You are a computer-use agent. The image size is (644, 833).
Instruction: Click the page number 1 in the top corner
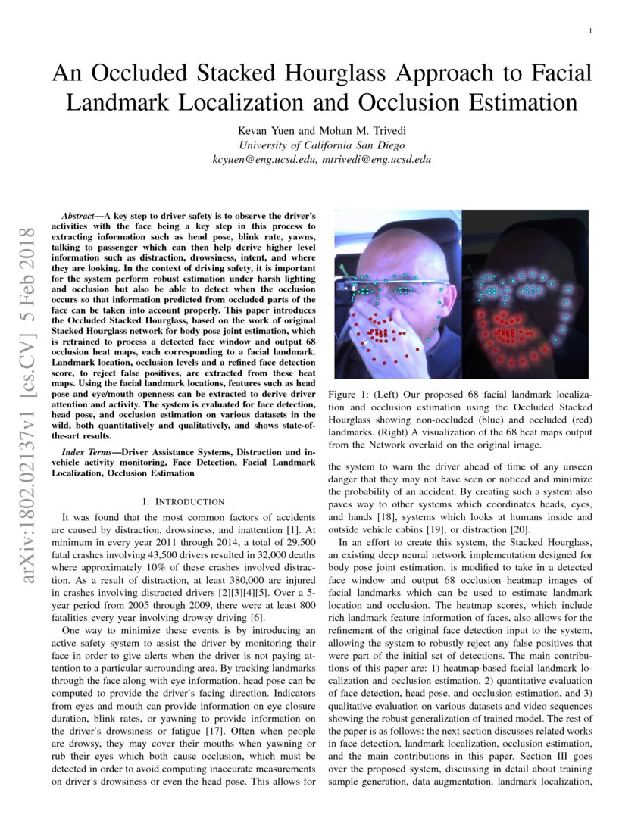tap(589, 30)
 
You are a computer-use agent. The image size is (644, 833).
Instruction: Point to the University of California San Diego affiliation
tap(321, 145)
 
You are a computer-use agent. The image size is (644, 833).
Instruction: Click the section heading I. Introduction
tap(183, 501)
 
